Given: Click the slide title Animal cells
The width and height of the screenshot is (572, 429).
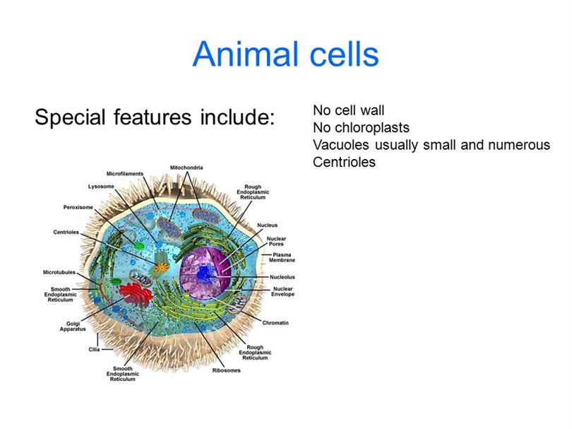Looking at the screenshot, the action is pos(285,54).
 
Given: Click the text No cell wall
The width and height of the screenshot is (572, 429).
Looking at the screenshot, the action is pos(348,110).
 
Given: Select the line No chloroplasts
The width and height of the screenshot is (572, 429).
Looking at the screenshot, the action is pos(361,128).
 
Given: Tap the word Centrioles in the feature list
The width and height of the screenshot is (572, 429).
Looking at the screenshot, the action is pos(344,162).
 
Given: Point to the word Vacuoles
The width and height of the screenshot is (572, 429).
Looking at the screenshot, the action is pos(341,145).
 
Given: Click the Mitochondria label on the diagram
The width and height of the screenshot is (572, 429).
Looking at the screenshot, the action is pos(186,168).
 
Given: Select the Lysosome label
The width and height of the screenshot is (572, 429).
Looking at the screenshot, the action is pos(101,187).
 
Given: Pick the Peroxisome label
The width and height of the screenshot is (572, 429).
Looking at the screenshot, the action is pos(78,207).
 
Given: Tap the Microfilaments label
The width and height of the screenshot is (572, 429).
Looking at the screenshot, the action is pos(125,174).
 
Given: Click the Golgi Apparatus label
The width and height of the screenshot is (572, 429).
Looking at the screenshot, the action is pos(73,327).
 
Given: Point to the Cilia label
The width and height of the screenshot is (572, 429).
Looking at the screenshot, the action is pos(94,349).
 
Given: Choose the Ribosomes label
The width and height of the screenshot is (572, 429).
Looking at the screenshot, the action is pos(226,370).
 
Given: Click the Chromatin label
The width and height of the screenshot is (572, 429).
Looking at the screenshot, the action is pos(275,323).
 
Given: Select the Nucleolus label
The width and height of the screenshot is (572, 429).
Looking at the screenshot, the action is pos(282,277).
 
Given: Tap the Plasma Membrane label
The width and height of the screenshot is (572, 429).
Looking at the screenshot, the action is pos(282,257).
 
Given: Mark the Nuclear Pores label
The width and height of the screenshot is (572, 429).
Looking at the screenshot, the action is pos(276,241).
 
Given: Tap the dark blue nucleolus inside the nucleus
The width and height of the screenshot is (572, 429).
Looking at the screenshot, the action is pos(203,273).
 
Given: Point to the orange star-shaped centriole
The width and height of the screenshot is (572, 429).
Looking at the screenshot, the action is pos(161,268).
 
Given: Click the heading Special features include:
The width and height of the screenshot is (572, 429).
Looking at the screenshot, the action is pos(155,117).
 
